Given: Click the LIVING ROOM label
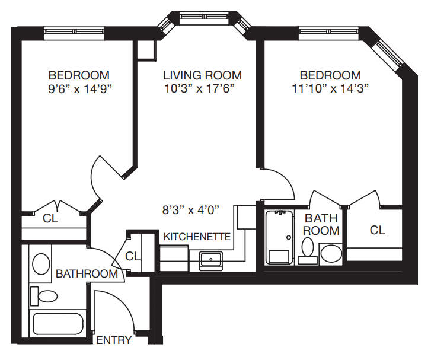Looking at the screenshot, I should (202, 75).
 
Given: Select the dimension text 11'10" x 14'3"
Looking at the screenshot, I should (330, 89).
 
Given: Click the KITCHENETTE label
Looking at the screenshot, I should (197, 236).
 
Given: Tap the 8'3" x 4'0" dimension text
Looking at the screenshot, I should (191, 209).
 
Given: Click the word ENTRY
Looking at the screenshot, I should (113, 340).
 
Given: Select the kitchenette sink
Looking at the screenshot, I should (210, 259).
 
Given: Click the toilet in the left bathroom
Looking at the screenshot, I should (44, 295).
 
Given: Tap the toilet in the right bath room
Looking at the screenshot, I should (308, 249).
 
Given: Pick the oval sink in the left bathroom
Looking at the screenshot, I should (40, 263).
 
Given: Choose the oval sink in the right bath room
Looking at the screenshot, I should (331, 254).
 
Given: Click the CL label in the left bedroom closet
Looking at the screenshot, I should (51, 218).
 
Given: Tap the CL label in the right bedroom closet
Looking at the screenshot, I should (377, 230).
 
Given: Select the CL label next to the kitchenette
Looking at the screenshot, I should (133, 256).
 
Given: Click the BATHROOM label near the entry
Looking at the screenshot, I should (87, 273).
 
